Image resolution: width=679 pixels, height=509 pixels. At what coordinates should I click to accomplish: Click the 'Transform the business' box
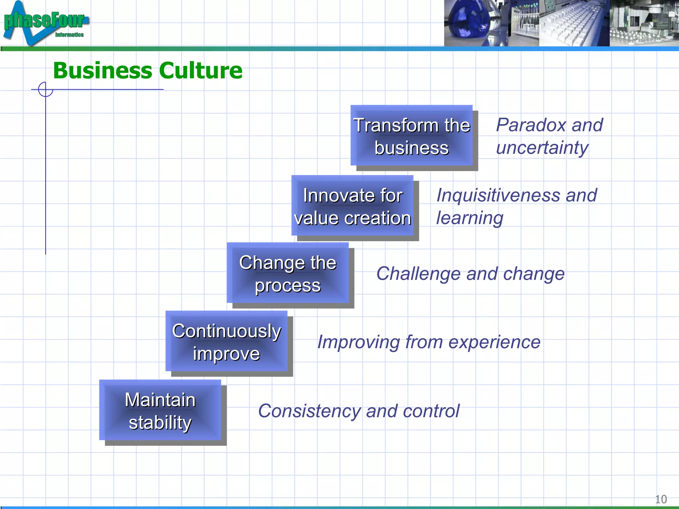tap(411, 136)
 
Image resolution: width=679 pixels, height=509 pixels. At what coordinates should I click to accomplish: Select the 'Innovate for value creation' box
tap(352, 206)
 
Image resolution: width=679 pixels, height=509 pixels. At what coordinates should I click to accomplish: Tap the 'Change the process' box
tap(288, 273)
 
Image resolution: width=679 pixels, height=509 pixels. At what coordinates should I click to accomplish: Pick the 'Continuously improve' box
tap(226, 342)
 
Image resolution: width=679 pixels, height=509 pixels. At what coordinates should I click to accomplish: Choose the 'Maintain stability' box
tap(160, 411)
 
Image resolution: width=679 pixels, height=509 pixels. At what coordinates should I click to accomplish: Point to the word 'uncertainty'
tap(542, 148)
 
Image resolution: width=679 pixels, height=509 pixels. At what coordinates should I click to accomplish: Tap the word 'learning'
tap(469, 218)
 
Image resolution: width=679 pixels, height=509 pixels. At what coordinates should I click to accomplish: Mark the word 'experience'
tap(494, 342)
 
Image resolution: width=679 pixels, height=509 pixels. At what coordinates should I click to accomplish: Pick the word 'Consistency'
tap(309, 411)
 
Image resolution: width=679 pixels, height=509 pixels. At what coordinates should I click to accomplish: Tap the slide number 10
tap(661, 499)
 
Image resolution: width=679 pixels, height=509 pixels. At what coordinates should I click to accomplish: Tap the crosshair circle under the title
tap(45, 89)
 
